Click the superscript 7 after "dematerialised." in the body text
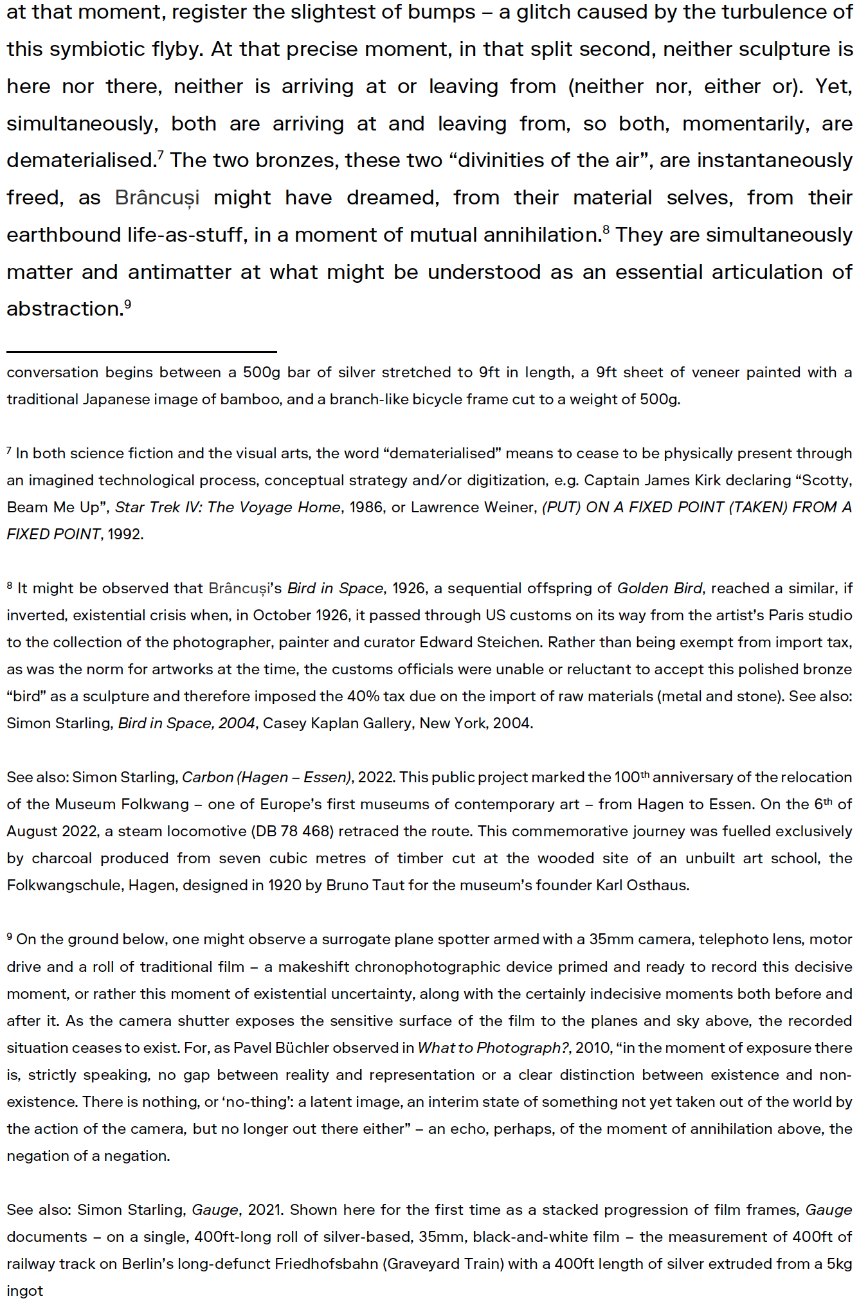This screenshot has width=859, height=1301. (x=160, y=154)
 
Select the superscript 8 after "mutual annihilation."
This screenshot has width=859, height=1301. (x=606, y=229)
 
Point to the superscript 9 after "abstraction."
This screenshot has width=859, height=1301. (x=128, y=303)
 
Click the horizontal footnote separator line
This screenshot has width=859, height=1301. (x=141, y=352)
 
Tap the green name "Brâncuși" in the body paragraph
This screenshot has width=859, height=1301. (x=157, y=198)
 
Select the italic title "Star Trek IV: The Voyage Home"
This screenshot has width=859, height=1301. (x=228, y=507)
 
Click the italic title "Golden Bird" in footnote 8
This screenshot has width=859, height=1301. (x=659, y=588)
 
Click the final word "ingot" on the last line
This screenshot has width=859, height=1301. (x=25, y=1291)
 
